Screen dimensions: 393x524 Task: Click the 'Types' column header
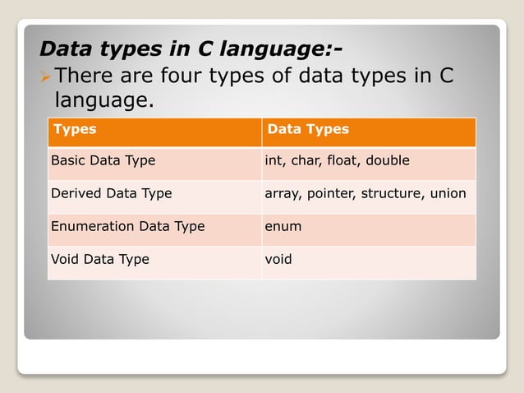click(74, 129)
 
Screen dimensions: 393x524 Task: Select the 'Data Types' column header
click(308, 129)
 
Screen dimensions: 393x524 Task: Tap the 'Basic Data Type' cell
click(103, 160)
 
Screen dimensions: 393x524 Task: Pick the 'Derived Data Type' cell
click(112, 193)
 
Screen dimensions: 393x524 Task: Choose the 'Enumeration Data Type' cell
click(127, 226)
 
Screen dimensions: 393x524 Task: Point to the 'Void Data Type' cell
click(100, 259)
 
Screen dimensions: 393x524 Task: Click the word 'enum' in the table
click(283, 226)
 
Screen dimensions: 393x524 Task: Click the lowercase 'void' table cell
click(278, 259)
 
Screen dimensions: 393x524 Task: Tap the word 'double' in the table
click(388, 160)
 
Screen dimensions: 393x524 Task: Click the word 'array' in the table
click(283, 194)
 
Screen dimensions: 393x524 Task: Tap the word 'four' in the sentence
click(195, 76)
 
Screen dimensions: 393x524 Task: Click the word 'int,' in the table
click(274, 160)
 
